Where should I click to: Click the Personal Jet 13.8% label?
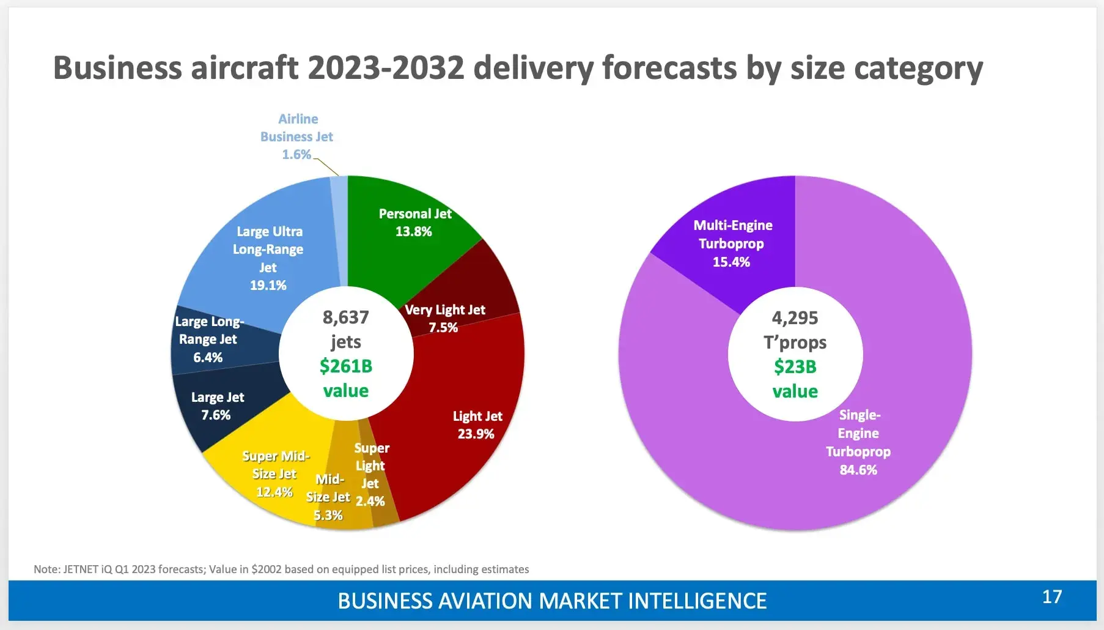coord(414,223)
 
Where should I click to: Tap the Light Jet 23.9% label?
coord(477,425)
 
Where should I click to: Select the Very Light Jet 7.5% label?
coord(444,319)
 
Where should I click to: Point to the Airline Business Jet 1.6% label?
coord(297,136)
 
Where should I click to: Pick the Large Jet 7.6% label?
coord(217,406)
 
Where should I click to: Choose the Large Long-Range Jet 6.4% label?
coord(208,339)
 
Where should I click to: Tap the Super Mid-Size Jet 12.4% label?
coord(275,474)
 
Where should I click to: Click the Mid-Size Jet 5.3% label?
coord(329,497)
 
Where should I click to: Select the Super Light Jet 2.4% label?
coord(370,475)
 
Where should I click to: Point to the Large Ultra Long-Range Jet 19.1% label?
coord(268,258)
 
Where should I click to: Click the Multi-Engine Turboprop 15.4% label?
coord(732,243)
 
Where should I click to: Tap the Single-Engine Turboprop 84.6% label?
coord(858,442)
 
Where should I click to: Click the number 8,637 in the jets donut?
coord(346,317)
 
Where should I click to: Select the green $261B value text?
coord(346,366)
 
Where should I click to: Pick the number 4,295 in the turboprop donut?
coord(795,318)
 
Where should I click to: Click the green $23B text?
coord(795,367)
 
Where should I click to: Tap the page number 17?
coord(1052,597)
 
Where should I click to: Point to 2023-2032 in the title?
coord(386,68)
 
